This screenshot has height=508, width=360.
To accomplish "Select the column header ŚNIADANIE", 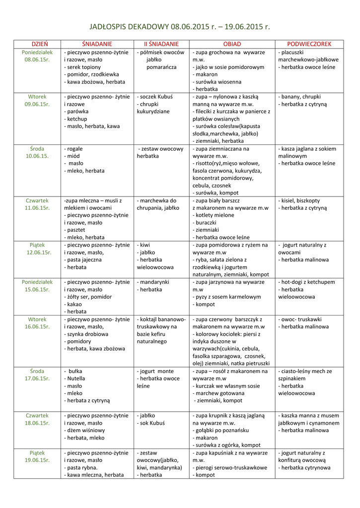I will tap(97, 44).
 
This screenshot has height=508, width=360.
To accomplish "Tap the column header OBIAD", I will tap(232, 44).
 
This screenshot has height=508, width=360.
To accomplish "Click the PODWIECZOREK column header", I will tap(309, 44).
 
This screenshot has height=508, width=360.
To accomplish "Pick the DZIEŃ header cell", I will tap(37, 44).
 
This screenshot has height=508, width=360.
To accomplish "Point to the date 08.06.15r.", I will tap(37, 60).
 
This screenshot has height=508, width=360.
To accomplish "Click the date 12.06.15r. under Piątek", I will tap(37, 253).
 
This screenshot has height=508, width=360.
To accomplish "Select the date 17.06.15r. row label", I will tap(37, 379).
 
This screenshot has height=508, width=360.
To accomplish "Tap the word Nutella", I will tap(76, 379).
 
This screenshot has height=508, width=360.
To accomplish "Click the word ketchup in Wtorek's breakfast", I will tap(77, 119).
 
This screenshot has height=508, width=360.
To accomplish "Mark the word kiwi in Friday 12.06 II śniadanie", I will tap(144, 245).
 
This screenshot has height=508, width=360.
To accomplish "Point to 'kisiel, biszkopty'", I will tap(300, 200).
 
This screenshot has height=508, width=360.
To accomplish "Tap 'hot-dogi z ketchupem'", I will tap(308, 282).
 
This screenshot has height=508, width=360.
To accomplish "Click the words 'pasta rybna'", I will tap(82, 467).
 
